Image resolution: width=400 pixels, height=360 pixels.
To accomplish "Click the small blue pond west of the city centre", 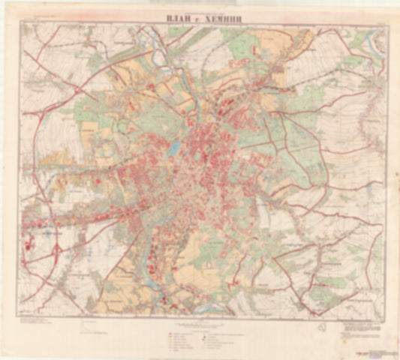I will (174, 148).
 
